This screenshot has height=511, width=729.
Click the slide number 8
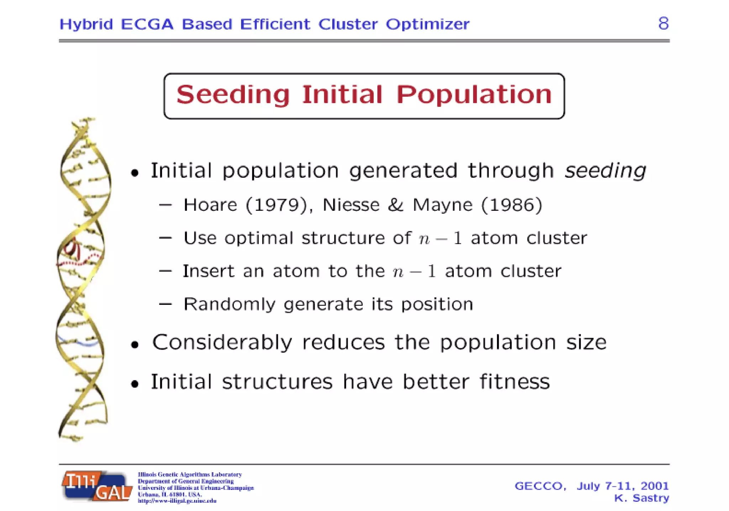tap(663, 24)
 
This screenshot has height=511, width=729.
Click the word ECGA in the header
tap(147, 24)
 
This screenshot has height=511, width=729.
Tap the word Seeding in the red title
tap(233, 95)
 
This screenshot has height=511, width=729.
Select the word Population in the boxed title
tap(474, 95)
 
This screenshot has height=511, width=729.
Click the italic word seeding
tap(605, 171)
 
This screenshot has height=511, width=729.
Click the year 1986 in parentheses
tap(512, 205)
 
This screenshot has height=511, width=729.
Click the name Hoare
tap(210, 205)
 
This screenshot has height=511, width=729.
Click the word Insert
tap(209, 271)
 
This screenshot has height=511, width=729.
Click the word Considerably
tap(222, 343)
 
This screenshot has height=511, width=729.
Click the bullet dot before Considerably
tap(135, 345)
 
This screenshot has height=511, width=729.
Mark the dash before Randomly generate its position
tap(166, 304)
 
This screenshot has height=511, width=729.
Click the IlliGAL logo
tap(97, 486)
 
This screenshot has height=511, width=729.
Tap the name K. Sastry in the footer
tap(641, 498)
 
